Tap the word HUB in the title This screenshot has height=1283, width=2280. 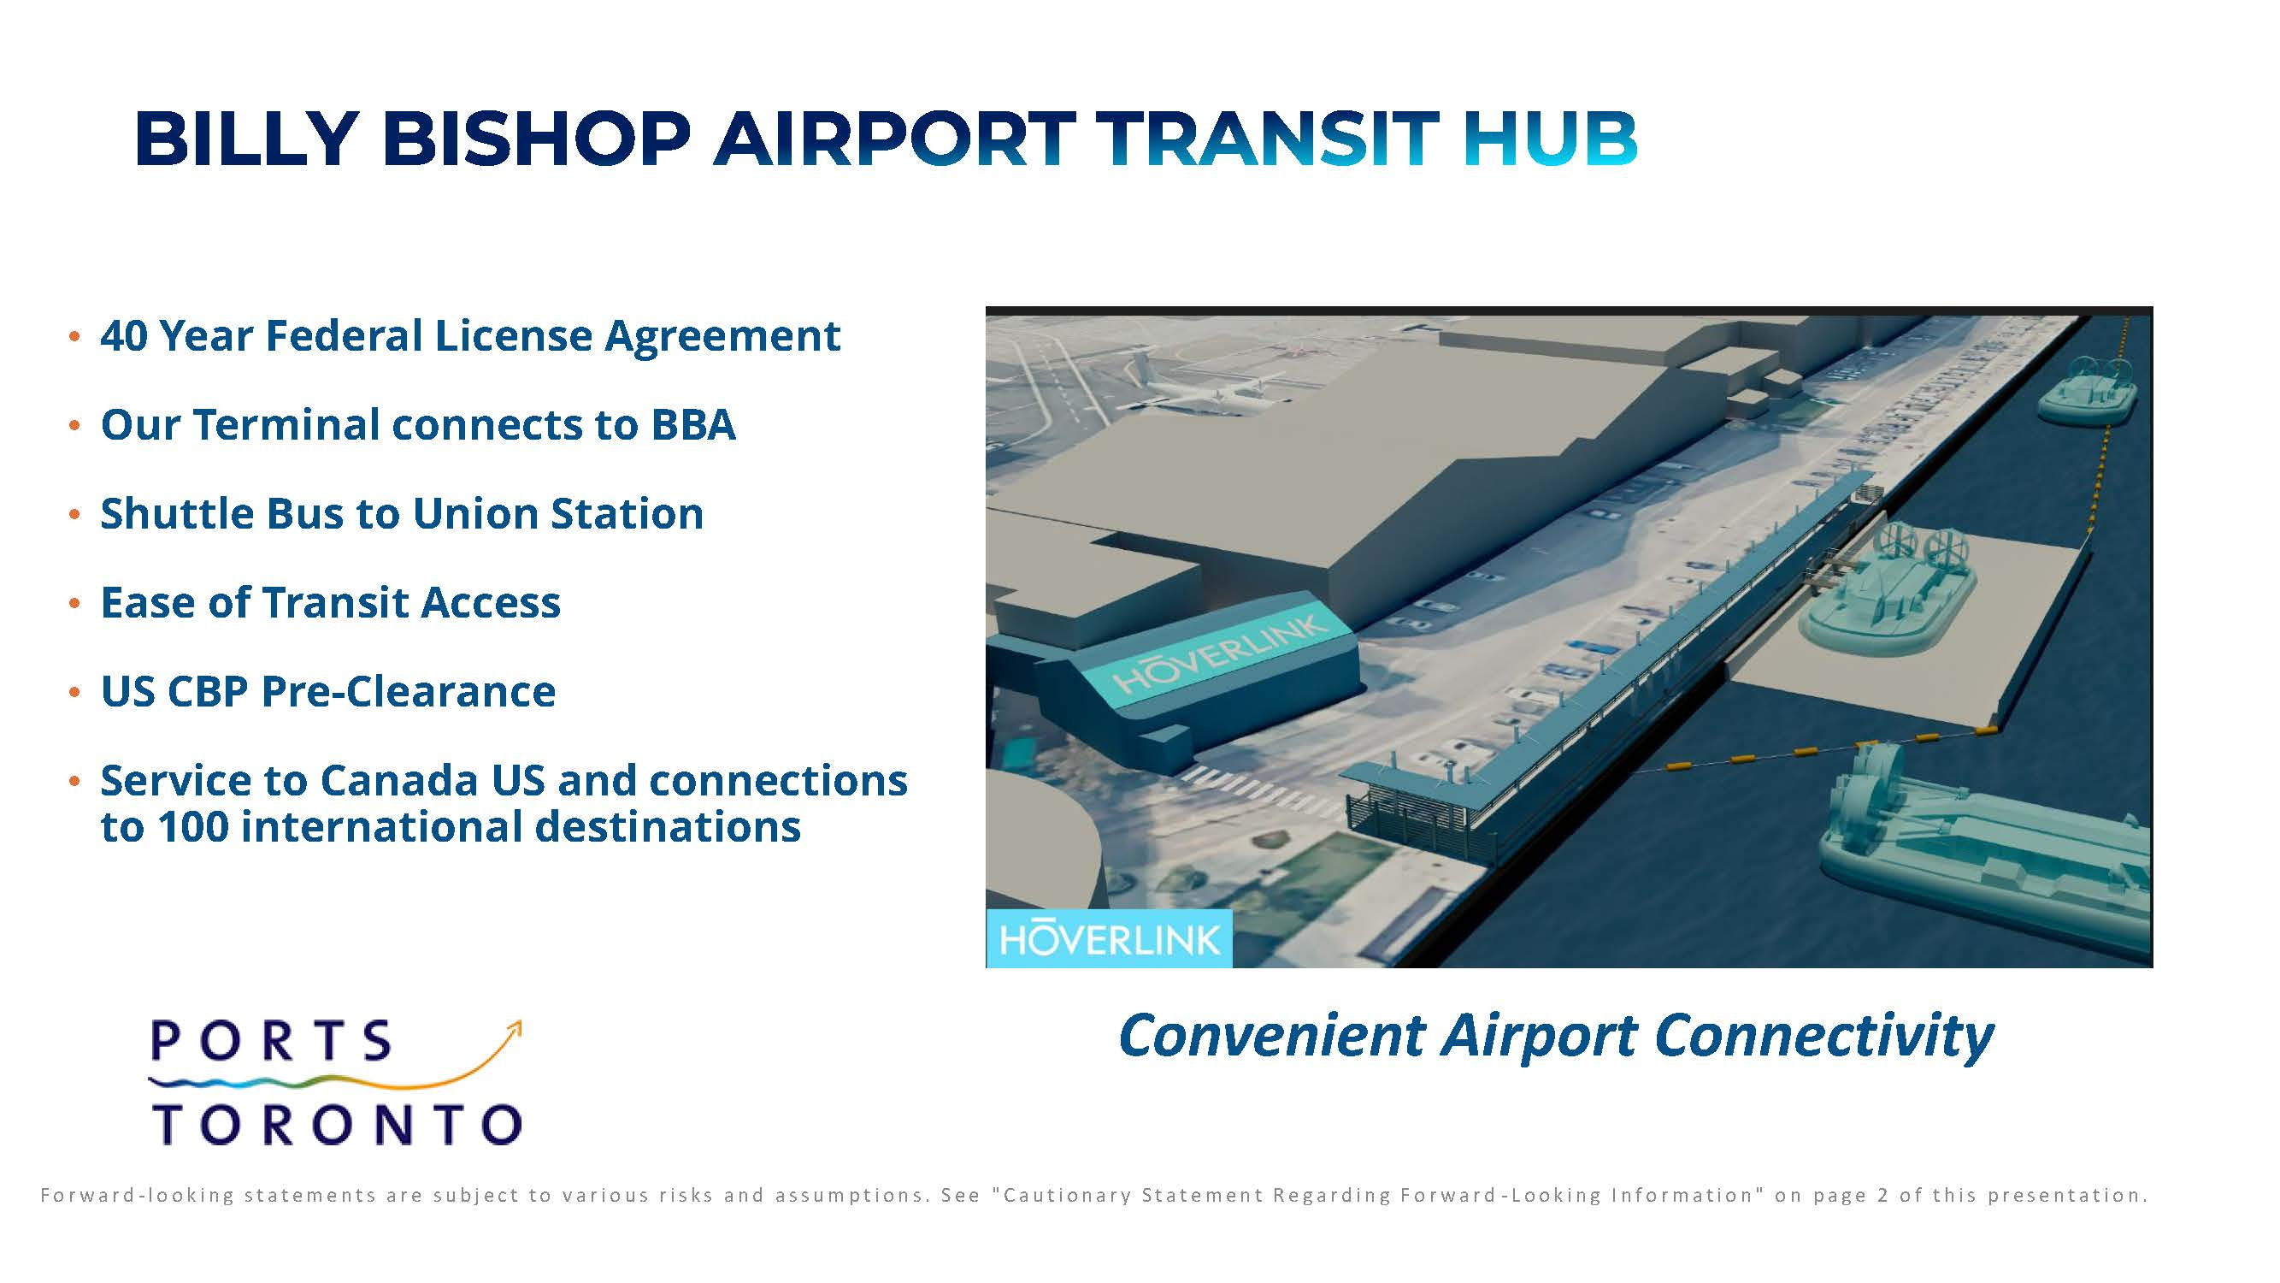(x=1550, y=139)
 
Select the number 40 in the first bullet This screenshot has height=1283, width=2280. (x=124, y=335)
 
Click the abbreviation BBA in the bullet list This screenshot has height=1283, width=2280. (x=693, y=425)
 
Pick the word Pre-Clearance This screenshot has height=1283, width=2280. (x=408, y=691)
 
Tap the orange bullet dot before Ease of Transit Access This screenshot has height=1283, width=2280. (x=75, y=604)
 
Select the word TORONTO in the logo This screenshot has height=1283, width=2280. (x=337, y=1124)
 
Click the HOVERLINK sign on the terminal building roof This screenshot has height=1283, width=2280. (x=1222, y=653)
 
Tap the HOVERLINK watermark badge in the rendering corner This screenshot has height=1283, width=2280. (x=1109, y=938)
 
